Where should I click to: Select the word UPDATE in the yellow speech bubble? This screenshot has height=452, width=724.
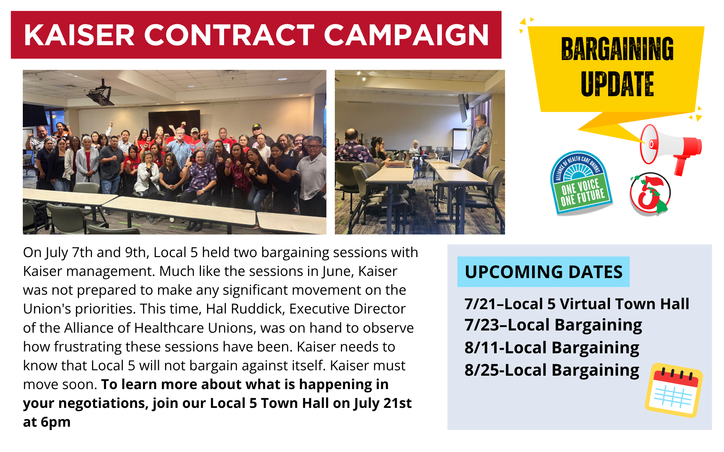[617, 84]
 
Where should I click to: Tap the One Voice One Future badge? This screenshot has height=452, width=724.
[581, 183]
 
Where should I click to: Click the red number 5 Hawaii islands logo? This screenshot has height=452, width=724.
[650, 194]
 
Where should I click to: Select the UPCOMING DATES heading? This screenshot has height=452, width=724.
[543, 272]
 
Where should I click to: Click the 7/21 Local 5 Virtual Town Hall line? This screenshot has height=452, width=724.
[577, 304]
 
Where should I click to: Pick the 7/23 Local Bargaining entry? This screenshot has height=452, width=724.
[553, 325]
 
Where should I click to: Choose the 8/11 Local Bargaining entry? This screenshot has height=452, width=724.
[552, 348]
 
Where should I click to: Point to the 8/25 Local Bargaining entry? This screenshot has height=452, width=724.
[552, 370]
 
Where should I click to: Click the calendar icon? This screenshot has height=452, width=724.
[674, 390]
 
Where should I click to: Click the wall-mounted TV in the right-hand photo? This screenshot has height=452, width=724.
[463, 107]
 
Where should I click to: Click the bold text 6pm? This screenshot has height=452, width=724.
[55, 422]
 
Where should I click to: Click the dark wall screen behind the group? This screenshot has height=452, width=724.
[174, 122]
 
